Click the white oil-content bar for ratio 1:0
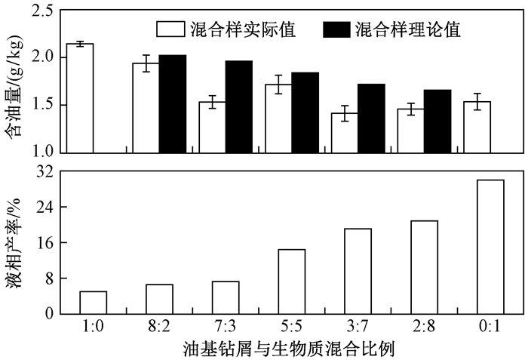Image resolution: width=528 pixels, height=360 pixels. (80, 98)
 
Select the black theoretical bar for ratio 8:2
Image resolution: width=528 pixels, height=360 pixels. (173, 104)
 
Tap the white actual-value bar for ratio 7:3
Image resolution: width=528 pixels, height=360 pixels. (212, 127)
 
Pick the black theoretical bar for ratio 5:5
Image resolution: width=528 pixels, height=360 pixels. (305, 112)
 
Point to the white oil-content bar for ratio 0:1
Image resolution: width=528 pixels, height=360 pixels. (477, 127)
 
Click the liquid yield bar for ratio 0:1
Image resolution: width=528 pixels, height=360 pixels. (490, 246)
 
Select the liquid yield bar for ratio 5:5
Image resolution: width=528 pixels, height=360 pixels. (292, 281)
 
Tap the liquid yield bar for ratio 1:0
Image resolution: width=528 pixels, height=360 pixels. (93, 302)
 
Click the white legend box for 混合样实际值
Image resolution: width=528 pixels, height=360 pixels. (171, 29)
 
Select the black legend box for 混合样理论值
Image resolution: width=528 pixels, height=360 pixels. (336, 29)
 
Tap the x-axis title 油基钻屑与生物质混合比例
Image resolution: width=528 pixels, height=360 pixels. (290, 349)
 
